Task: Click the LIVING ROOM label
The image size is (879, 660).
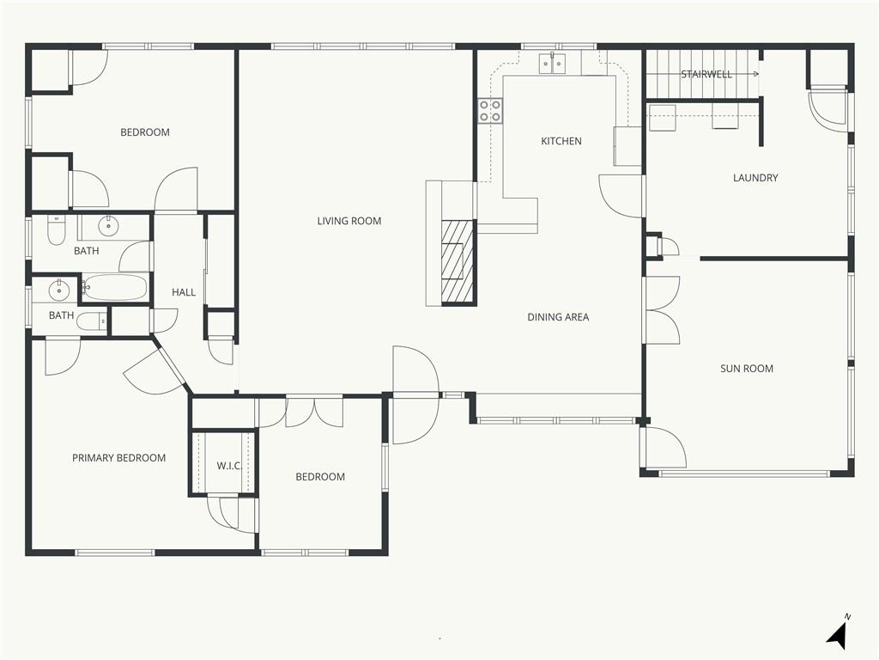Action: [x=349, y=221]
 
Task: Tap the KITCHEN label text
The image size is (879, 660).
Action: [x=561, y=141]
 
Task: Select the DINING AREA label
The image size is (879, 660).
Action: [x=558, y=317]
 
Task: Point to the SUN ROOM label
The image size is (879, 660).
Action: [x=747, y=369]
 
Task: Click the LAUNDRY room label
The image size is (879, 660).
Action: [x=755, y=178]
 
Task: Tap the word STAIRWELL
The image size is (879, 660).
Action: [x=706, y=74]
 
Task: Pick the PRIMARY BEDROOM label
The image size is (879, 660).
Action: [x=118, y=458]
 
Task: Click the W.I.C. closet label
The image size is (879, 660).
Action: [x=228, y=466]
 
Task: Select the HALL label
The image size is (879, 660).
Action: [x=184, y=292]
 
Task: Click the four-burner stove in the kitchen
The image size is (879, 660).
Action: [x=490, y=111]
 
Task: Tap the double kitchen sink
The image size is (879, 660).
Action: [x=553, y=64]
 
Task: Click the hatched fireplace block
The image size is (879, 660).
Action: [x=458, y=262]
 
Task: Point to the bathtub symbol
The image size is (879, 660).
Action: [x=115, y=288]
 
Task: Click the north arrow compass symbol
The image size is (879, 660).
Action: [x=837, y=634]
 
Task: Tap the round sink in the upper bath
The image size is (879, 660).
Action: [x=107, y=226]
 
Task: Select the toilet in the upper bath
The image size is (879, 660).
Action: [x=56, y=230]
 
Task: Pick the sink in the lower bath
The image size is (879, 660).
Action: [x=58, y=290]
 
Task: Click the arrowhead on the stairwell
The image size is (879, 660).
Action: [x=757, y=74]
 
